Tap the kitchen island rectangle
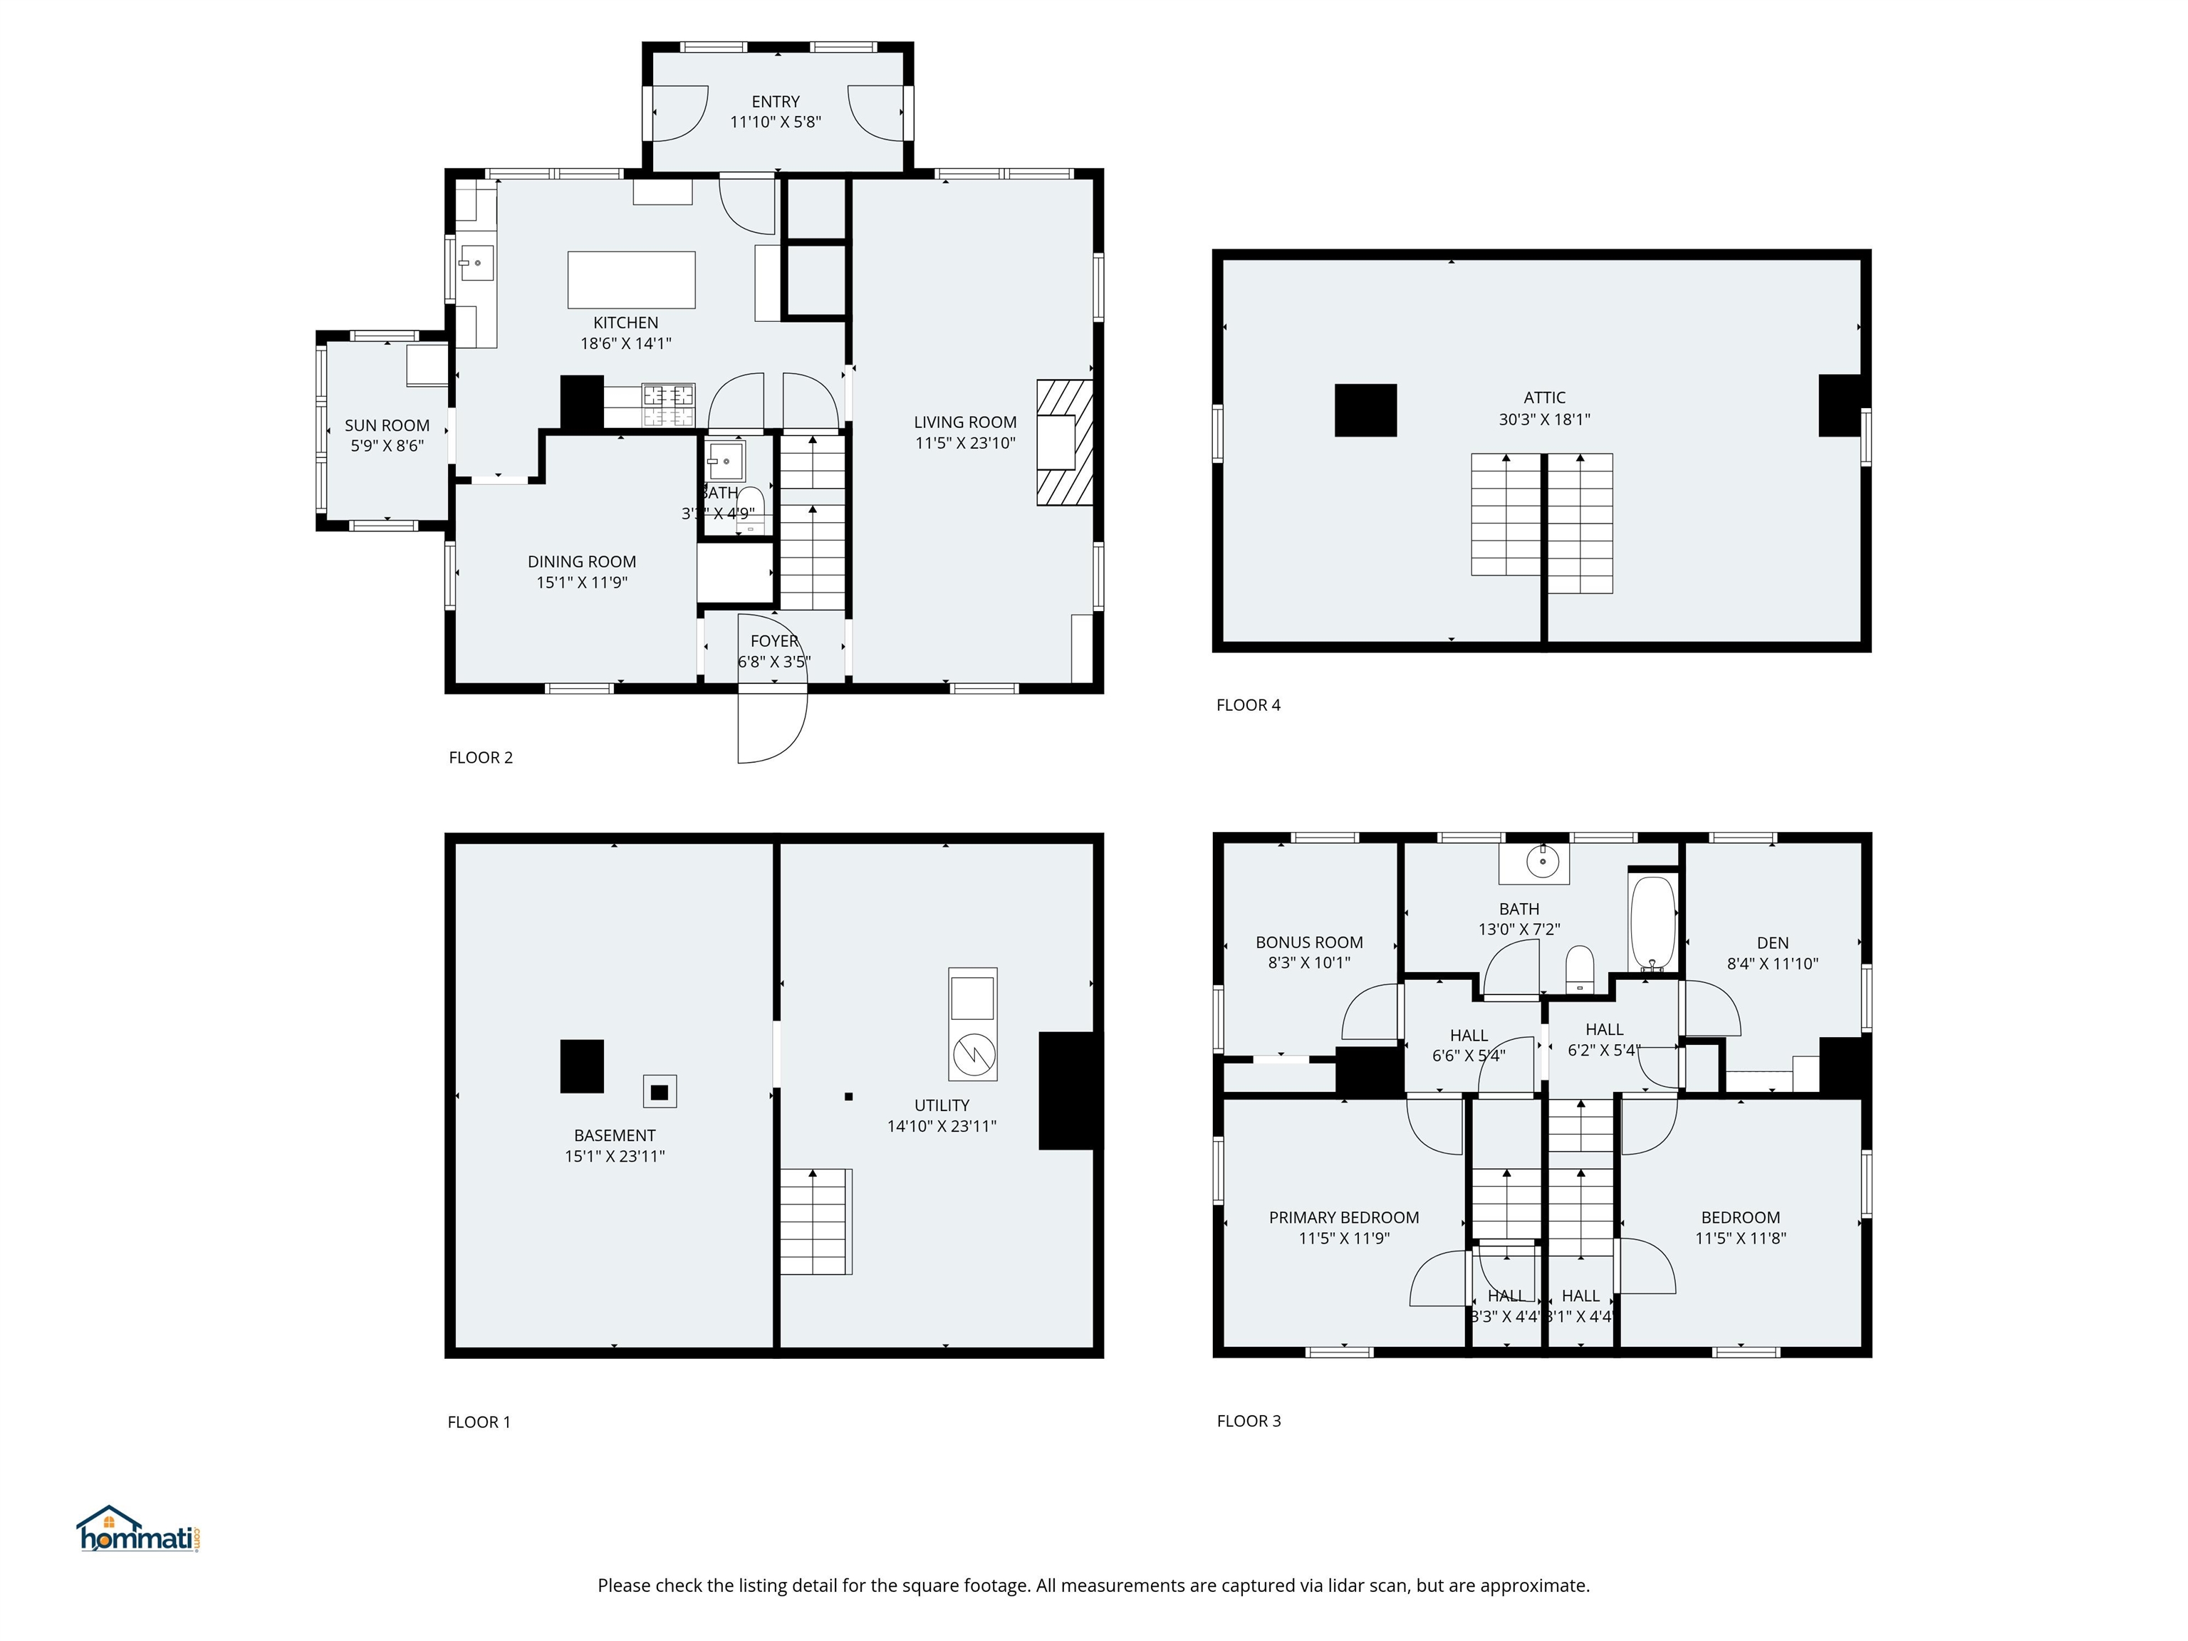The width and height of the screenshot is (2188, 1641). pos(631,280)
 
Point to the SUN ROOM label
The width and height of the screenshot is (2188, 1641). pos(387,425)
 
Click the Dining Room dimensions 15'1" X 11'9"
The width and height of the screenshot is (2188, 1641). pos(582,583)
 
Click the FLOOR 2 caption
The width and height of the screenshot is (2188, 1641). pos(481,758)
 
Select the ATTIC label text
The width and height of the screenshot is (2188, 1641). pos(1544,397)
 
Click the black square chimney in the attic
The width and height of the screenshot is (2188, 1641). pos(1365,410)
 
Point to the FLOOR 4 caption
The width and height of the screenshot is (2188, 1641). pos(1249,705)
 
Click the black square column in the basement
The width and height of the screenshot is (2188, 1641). pos(582,1066)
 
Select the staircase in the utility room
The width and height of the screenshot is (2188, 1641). pos(816,1221)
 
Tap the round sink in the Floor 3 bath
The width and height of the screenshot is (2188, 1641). pos(1542,860)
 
